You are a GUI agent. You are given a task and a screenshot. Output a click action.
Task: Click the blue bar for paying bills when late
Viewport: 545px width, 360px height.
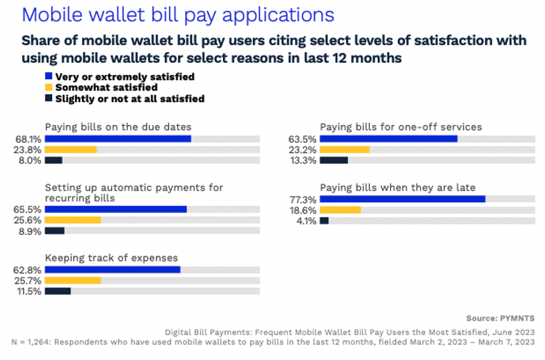pos(402,199)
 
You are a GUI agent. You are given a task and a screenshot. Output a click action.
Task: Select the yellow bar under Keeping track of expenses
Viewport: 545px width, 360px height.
pos(72,280)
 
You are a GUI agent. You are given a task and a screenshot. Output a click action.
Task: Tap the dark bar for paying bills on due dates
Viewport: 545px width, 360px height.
pos(54,160)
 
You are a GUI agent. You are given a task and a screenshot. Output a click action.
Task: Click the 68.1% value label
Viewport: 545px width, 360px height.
pos(29,139)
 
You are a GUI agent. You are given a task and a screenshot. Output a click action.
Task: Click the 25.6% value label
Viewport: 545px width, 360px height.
pos(29,220)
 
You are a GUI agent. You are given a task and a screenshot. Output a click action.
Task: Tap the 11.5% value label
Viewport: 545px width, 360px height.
pos(29,291)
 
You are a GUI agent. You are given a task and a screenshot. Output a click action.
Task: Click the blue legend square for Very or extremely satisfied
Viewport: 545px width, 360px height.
pos(49,76)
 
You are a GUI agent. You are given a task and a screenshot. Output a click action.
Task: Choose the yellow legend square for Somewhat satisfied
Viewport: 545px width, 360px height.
pos(49,87)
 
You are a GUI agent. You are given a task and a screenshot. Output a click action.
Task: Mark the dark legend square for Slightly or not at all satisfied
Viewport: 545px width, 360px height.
pos(49,99)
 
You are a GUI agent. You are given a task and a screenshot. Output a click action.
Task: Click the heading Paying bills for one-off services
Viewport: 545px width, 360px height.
pos(401,126)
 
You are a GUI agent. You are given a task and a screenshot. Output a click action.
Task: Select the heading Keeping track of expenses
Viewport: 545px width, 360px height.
pos(111,257)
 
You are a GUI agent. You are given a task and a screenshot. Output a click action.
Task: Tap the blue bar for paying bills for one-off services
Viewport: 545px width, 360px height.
pos(389,139)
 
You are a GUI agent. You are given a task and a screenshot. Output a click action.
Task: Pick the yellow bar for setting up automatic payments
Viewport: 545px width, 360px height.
pos(72,220)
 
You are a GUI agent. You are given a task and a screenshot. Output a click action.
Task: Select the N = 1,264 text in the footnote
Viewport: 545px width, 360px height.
pos(34,342)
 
